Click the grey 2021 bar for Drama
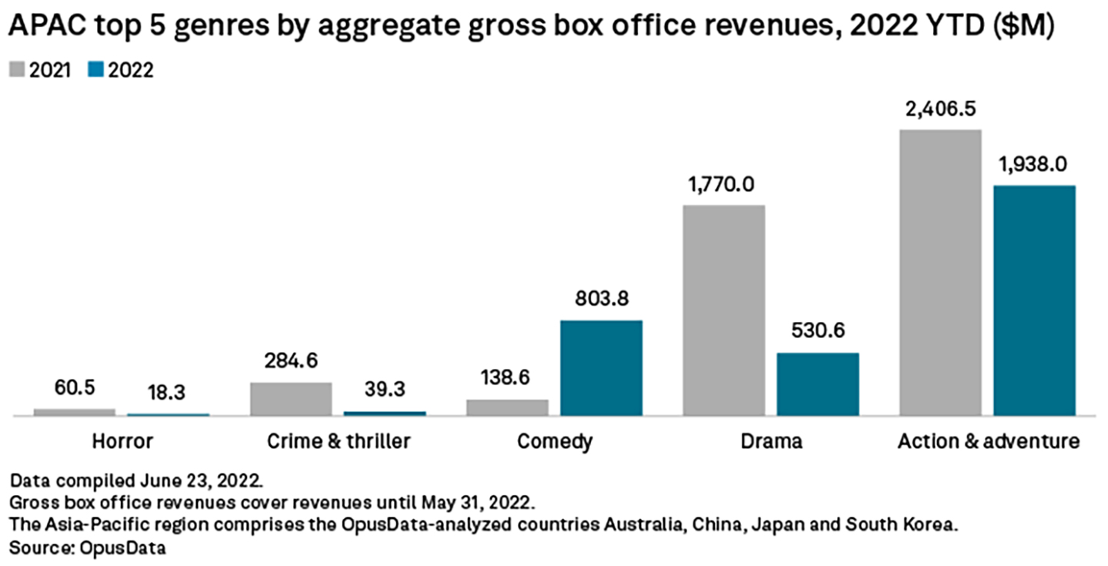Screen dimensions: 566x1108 coord(723,310)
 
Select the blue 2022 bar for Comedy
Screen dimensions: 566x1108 coord(601,368)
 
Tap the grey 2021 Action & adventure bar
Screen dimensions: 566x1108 coord(940,273)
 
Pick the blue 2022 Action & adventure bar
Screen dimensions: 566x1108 coord(1034,300)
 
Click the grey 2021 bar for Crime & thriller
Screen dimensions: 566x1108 coord(291,399)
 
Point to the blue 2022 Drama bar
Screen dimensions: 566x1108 coord(818,384)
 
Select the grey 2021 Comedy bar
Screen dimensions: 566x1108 coord(507,407)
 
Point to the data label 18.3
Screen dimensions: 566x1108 coord(168,392)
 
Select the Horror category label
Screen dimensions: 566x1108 coord(122,441)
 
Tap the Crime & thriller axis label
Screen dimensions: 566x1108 coord(339,441)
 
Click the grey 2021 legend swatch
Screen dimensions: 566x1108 coord(16,70)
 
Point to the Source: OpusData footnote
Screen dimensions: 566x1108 coord(88,548)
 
